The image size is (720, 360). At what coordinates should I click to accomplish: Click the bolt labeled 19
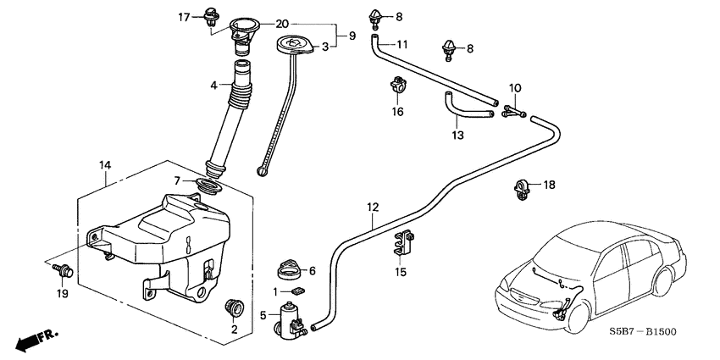click(64, 271)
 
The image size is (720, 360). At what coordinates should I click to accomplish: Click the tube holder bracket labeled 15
click(403, 243)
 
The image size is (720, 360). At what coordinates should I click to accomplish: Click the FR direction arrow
click(36, 340)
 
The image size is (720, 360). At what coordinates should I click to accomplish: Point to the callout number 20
click(282, 23)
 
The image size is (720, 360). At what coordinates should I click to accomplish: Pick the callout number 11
click(402, 44)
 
